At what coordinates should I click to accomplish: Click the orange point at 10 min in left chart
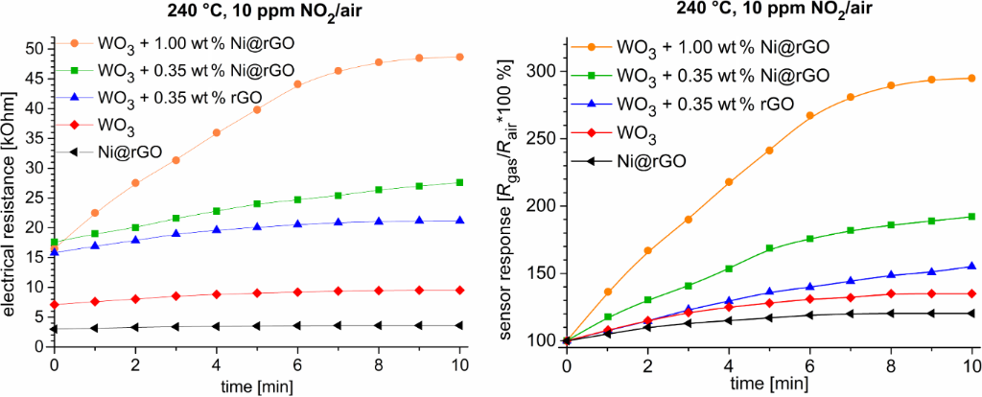click(x=460, y=57)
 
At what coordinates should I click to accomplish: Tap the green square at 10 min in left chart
click(x=460, y=182)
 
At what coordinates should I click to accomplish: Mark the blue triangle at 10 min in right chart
click(x=972, y=266)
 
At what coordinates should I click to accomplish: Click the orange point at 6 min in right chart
click(x=810, y=115)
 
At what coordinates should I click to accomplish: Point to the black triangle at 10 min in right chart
click(x=972, y=313)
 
